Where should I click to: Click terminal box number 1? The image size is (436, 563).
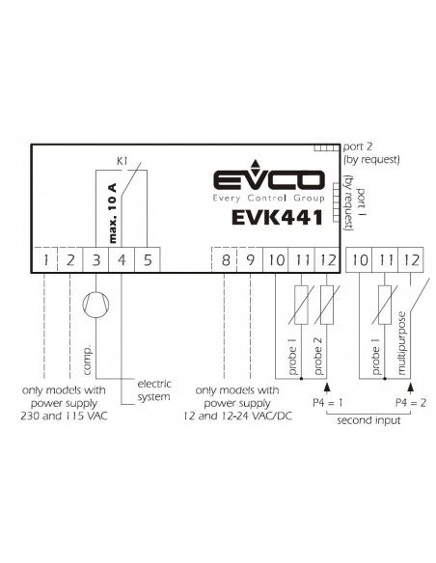click(45, 259)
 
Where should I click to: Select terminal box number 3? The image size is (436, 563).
click(95, 259)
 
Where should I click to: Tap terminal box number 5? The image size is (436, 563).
click(148, 259)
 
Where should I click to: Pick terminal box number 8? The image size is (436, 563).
click(225, 259)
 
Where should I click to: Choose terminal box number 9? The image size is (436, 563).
click(251, 259)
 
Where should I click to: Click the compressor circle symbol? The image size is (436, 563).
click(95, 305)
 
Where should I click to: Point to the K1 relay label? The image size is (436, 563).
click(123, 161)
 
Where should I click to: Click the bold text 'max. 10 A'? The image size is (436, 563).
click(113, 213)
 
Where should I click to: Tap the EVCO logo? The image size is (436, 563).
click(269, 181)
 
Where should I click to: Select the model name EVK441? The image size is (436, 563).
click(277, 218)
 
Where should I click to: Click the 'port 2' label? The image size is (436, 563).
click(358, 147)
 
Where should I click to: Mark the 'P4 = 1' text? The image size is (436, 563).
click(328, 403)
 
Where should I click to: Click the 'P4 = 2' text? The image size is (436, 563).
click(411, 403)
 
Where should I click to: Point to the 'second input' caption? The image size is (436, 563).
click(368, 420)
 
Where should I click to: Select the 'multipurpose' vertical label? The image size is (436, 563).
click(401, 343)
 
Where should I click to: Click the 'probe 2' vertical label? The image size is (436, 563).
click(318, 356)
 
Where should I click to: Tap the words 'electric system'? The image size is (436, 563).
click(154, 390)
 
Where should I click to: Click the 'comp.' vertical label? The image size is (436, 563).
click(87, 361)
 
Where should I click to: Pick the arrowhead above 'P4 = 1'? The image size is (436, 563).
click(327, 388)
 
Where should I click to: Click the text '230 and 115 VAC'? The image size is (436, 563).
click(64, 416)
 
